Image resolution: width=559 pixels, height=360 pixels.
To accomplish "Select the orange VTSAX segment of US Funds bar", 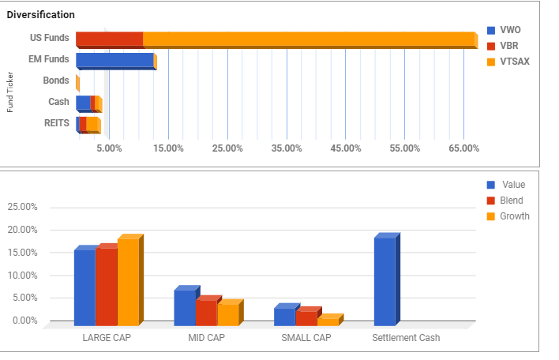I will (x=308, y=39).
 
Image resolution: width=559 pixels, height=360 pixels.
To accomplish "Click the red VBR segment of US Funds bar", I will (x=109, y=39).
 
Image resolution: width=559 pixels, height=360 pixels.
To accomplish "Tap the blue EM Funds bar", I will (x=114, y=60).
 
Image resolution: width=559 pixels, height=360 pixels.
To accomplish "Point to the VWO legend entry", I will (x=510, y=30).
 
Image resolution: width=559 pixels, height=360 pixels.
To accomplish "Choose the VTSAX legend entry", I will (x=515, y=61).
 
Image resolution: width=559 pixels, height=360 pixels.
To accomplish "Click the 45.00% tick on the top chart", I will (x=346, y=148).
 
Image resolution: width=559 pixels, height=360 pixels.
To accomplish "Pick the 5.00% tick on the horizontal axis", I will (x=109, y=148).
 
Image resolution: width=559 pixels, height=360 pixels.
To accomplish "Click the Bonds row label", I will (x=55, y=81).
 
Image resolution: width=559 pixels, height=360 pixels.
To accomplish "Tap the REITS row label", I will (x=56, y=122).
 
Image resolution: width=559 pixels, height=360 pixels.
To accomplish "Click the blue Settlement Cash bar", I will (x=385, y=281).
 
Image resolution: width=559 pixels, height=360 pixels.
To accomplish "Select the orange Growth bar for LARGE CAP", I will (x=128, y=281).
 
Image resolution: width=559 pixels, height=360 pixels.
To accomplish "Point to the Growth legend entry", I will (x=515, y=216).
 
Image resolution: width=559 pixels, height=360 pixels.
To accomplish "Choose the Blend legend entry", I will (x=512, y=201).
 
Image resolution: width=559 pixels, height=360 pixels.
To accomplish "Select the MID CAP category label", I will (x=206, y=338).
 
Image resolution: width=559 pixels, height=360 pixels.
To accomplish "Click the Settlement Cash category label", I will (x=406, y=338).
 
